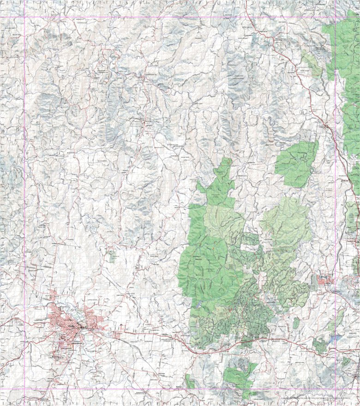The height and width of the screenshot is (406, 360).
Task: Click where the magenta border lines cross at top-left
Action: [24, 18]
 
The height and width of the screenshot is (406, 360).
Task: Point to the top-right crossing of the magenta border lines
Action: [336, 18]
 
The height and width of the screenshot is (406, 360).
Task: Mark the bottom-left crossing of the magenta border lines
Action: [24, 388]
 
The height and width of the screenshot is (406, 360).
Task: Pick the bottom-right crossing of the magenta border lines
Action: [336, 388]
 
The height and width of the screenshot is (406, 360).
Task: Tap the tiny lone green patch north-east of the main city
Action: [112, 256]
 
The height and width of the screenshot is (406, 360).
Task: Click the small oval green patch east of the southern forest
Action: [296, 323]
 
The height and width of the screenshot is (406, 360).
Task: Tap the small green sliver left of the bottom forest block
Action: [190, 382]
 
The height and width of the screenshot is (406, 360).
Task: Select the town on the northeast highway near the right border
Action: [327, 125]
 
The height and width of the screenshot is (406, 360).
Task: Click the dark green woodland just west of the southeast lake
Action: [319, 344]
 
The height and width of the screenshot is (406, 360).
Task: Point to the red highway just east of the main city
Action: [138, 333]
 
